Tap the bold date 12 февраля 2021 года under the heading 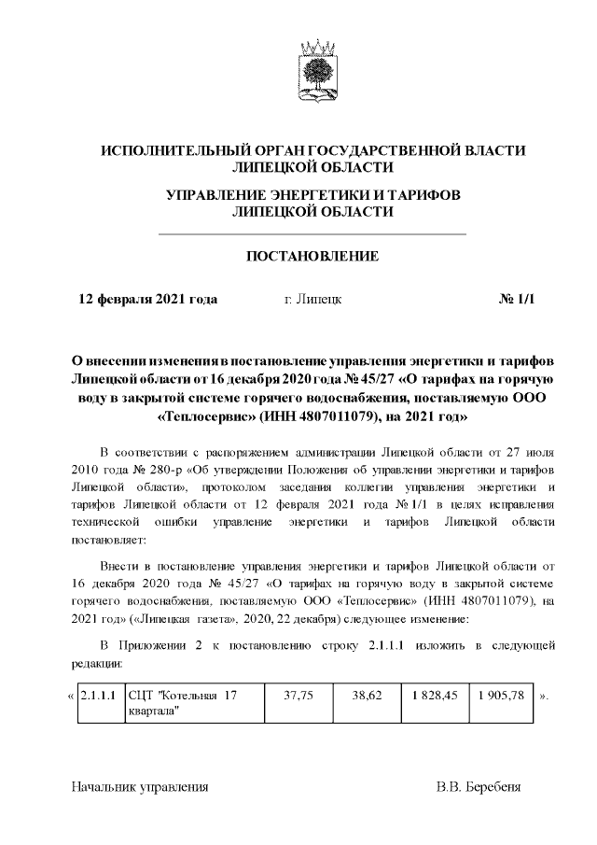tap(147, 299)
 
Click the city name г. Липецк tap(312, 299)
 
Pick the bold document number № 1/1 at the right tap(519, 299)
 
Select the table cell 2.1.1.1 tap(99, 697)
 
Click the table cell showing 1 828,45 tap(435, 697)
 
